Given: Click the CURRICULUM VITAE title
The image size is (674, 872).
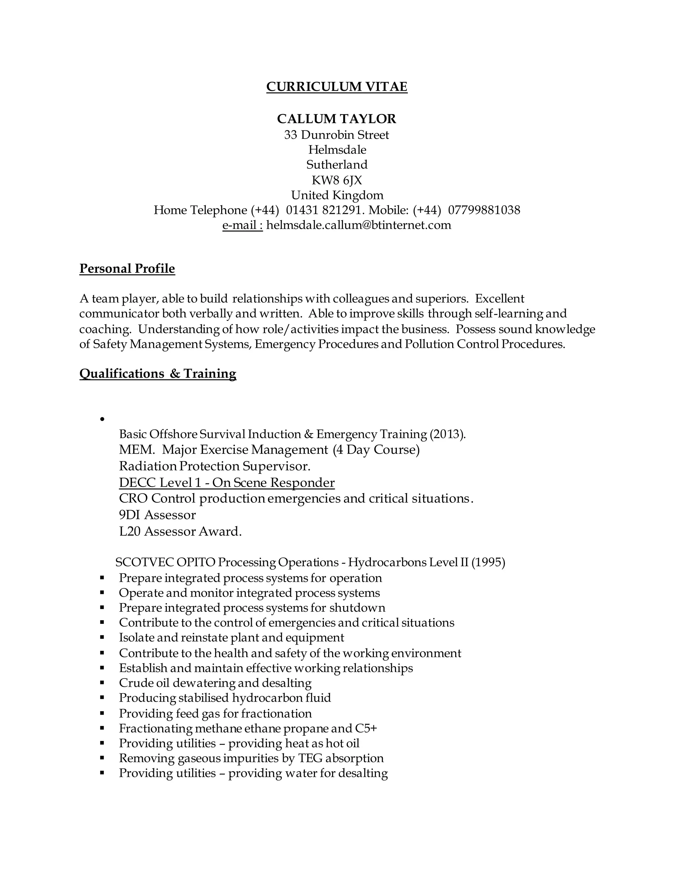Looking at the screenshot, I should pyautogui.click(x=337, y=87).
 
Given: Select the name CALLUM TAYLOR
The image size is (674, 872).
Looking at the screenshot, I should pyautogui.click(x=337, y=118).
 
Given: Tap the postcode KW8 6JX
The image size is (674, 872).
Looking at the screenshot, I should pyautogui.click(x=337, y=180).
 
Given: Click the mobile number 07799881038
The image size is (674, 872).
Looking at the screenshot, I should pyautogui.click(x=484, y=210).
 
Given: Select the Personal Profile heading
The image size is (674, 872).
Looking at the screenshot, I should pyautogui.click(x=127, y=268).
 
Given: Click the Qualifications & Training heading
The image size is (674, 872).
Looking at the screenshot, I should pyautogui.click(x=158, y=373).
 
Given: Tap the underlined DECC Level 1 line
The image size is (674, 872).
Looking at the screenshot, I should pyautogui.click(x=227, y=483).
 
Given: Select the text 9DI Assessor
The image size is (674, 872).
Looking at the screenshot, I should pyautogui.click(x=157, y=515).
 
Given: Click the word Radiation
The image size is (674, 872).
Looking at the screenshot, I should pyautogui.click(x=148, y=466).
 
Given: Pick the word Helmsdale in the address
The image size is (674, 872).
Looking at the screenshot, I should pyautogui.click(x=337, y=150).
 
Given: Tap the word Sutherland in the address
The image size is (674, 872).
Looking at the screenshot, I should pyautogui.click(x=337, y=165).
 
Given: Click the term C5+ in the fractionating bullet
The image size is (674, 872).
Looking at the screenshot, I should pyautogui.click(x=366, y=728).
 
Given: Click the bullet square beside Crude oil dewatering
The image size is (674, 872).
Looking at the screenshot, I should pyautogui.click(x=102, y=683).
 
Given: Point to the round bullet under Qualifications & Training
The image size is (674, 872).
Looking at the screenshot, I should pyautogui.click(x=102, y=419).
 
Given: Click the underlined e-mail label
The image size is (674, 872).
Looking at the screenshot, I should pyautogui.click(x=242, y=225).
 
